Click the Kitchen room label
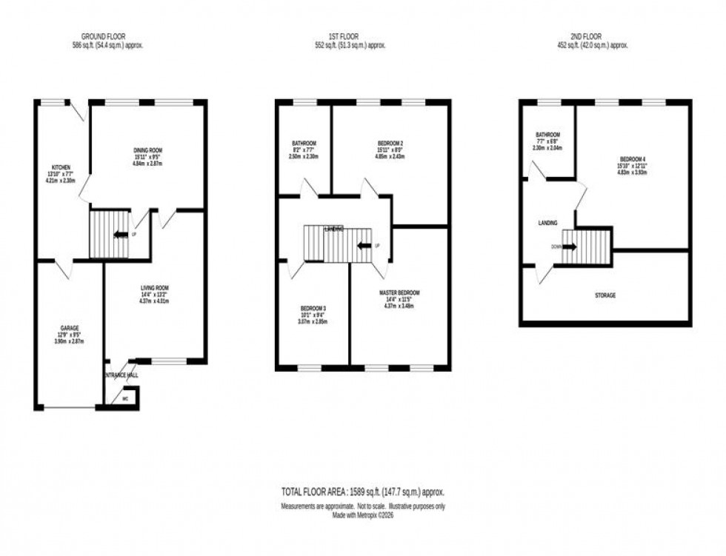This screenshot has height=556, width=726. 61,167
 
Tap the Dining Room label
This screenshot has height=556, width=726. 148,150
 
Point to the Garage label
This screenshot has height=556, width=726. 70,327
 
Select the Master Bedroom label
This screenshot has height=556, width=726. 399,293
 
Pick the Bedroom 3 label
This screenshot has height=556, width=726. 312,309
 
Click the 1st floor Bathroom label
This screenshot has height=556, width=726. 304,143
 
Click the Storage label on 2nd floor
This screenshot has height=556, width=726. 605,295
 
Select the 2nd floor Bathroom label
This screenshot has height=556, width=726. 549,135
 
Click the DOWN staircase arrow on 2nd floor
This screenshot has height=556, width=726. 568,247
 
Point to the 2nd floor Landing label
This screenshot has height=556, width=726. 548,223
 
